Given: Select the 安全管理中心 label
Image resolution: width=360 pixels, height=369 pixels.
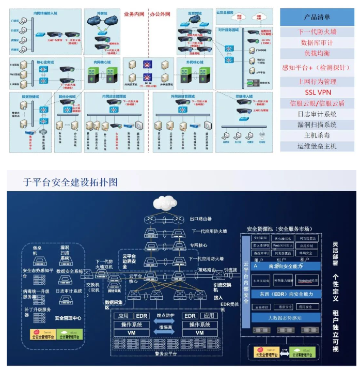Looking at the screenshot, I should click(68, 318).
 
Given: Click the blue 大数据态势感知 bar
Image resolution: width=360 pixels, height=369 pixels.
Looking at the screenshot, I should click(283, 317).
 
